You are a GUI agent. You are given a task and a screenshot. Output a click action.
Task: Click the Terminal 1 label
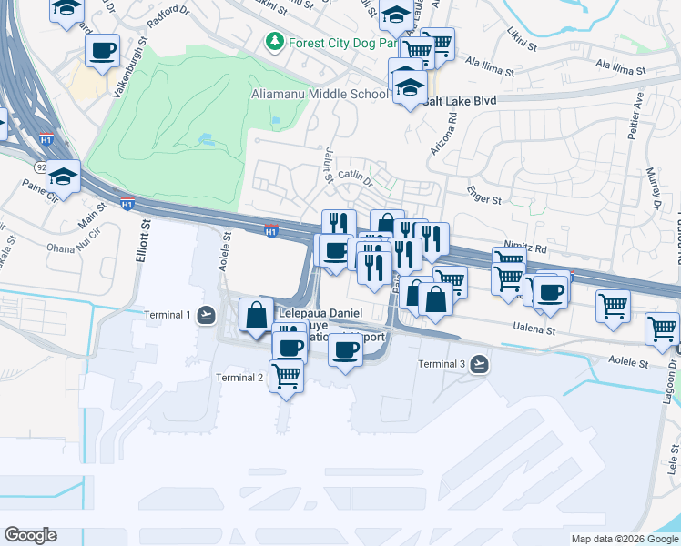(x=168, y=315)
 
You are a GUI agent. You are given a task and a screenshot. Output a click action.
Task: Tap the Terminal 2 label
(x=239, y=378)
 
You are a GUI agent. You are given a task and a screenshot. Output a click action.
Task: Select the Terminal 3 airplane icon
(x=480, y=365)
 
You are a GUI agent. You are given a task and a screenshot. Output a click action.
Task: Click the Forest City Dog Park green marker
(x=273, y=42)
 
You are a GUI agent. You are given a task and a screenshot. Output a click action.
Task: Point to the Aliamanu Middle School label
(x=320, y=94)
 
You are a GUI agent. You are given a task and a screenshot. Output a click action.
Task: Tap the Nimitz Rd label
(x=525, y=248)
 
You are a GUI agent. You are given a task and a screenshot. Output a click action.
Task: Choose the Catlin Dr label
(x=355, y=176)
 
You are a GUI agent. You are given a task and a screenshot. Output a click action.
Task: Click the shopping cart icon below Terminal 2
(x=287, y=375)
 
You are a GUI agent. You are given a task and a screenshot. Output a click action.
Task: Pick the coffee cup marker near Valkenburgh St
(x=103, y=50)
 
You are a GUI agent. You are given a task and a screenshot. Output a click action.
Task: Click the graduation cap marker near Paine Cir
(x=63, y=176)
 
